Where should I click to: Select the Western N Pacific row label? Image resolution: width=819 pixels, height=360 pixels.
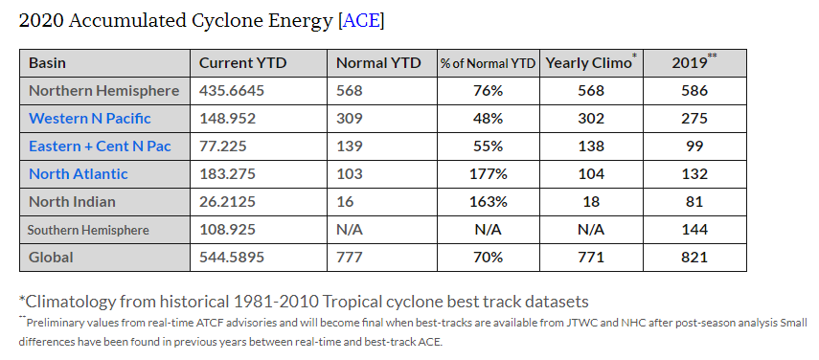pos(90,119)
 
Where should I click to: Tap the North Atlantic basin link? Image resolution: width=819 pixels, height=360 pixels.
pos(79,174)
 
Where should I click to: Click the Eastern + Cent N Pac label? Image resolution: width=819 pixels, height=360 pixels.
pos(100,146)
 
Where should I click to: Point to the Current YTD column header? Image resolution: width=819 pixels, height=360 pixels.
pos(242,63)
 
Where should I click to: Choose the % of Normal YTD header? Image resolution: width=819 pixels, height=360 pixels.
pos(488,63)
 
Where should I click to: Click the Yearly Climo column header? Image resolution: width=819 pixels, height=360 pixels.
pos(588,63)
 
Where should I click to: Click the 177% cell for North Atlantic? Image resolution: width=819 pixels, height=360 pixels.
pos(488,174)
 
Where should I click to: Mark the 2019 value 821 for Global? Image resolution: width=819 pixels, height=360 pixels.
pos(694,258)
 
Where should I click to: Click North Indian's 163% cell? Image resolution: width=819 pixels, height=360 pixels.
pos(488,202)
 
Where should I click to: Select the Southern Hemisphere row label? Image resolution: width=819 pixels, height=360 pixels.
pos(88,230)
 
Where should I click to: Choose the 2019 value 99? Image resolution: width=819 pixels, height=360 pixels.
pos(694,146)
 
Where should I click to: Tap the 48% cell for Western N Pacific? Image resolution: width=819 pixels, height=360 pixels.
pos(488,119)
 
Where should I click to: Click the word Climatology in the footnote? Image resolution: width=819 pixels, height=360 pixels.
pos(80,301)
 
